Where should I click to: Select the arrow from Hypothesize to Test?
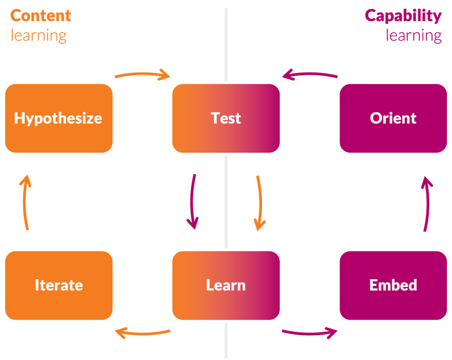coord(142,73)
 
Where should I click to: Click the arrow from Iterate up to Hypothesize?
coord(25,202)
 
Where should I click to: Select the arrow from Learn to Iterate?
coord(143,332)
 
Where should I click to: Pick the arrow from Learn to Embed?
coord(310,332)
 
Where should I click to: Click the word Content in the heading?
coord(41,16)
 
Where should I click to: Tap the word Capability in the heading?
coord(403,16)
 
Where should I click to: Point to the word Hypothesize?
coord(58,118)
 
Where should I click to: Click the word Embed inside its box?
coord(393,285)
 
